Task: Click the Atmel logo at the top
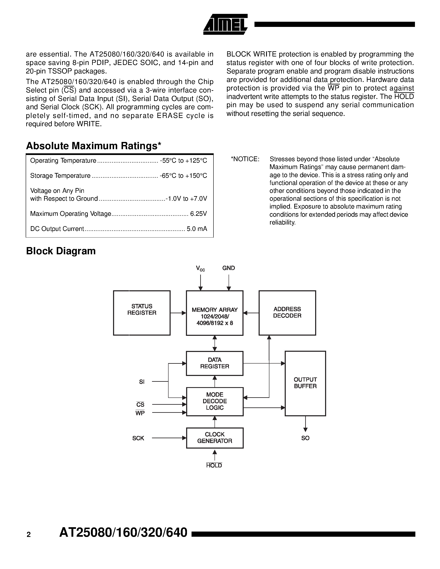[x=225, y=24]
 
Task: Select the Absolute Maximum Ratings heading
[x=94, y=146]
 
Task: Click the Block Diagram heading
[x=61, y=251]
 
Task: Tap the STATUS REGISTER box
[x=142, y=313]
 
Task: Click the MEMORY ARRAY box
[x=215, y=313]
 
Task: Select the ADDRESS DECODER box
[x=287, y=313]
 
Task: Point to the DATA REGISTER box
[x=215, y=363]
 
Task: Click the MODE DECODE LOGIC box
[x=215, y=401]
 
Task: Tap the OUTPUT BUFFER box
[x=305, y=383]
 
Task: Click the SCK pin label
[x=138, y=438]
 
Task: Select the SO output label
[x=305, y=438]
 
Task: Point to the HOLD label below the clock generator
[x=214, y=466]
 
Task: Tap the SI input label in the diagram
[x=142, y=382]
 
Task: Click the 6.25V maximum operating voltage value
[x=198, y=214]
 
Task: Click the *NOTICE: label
[x=245, y=159]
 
